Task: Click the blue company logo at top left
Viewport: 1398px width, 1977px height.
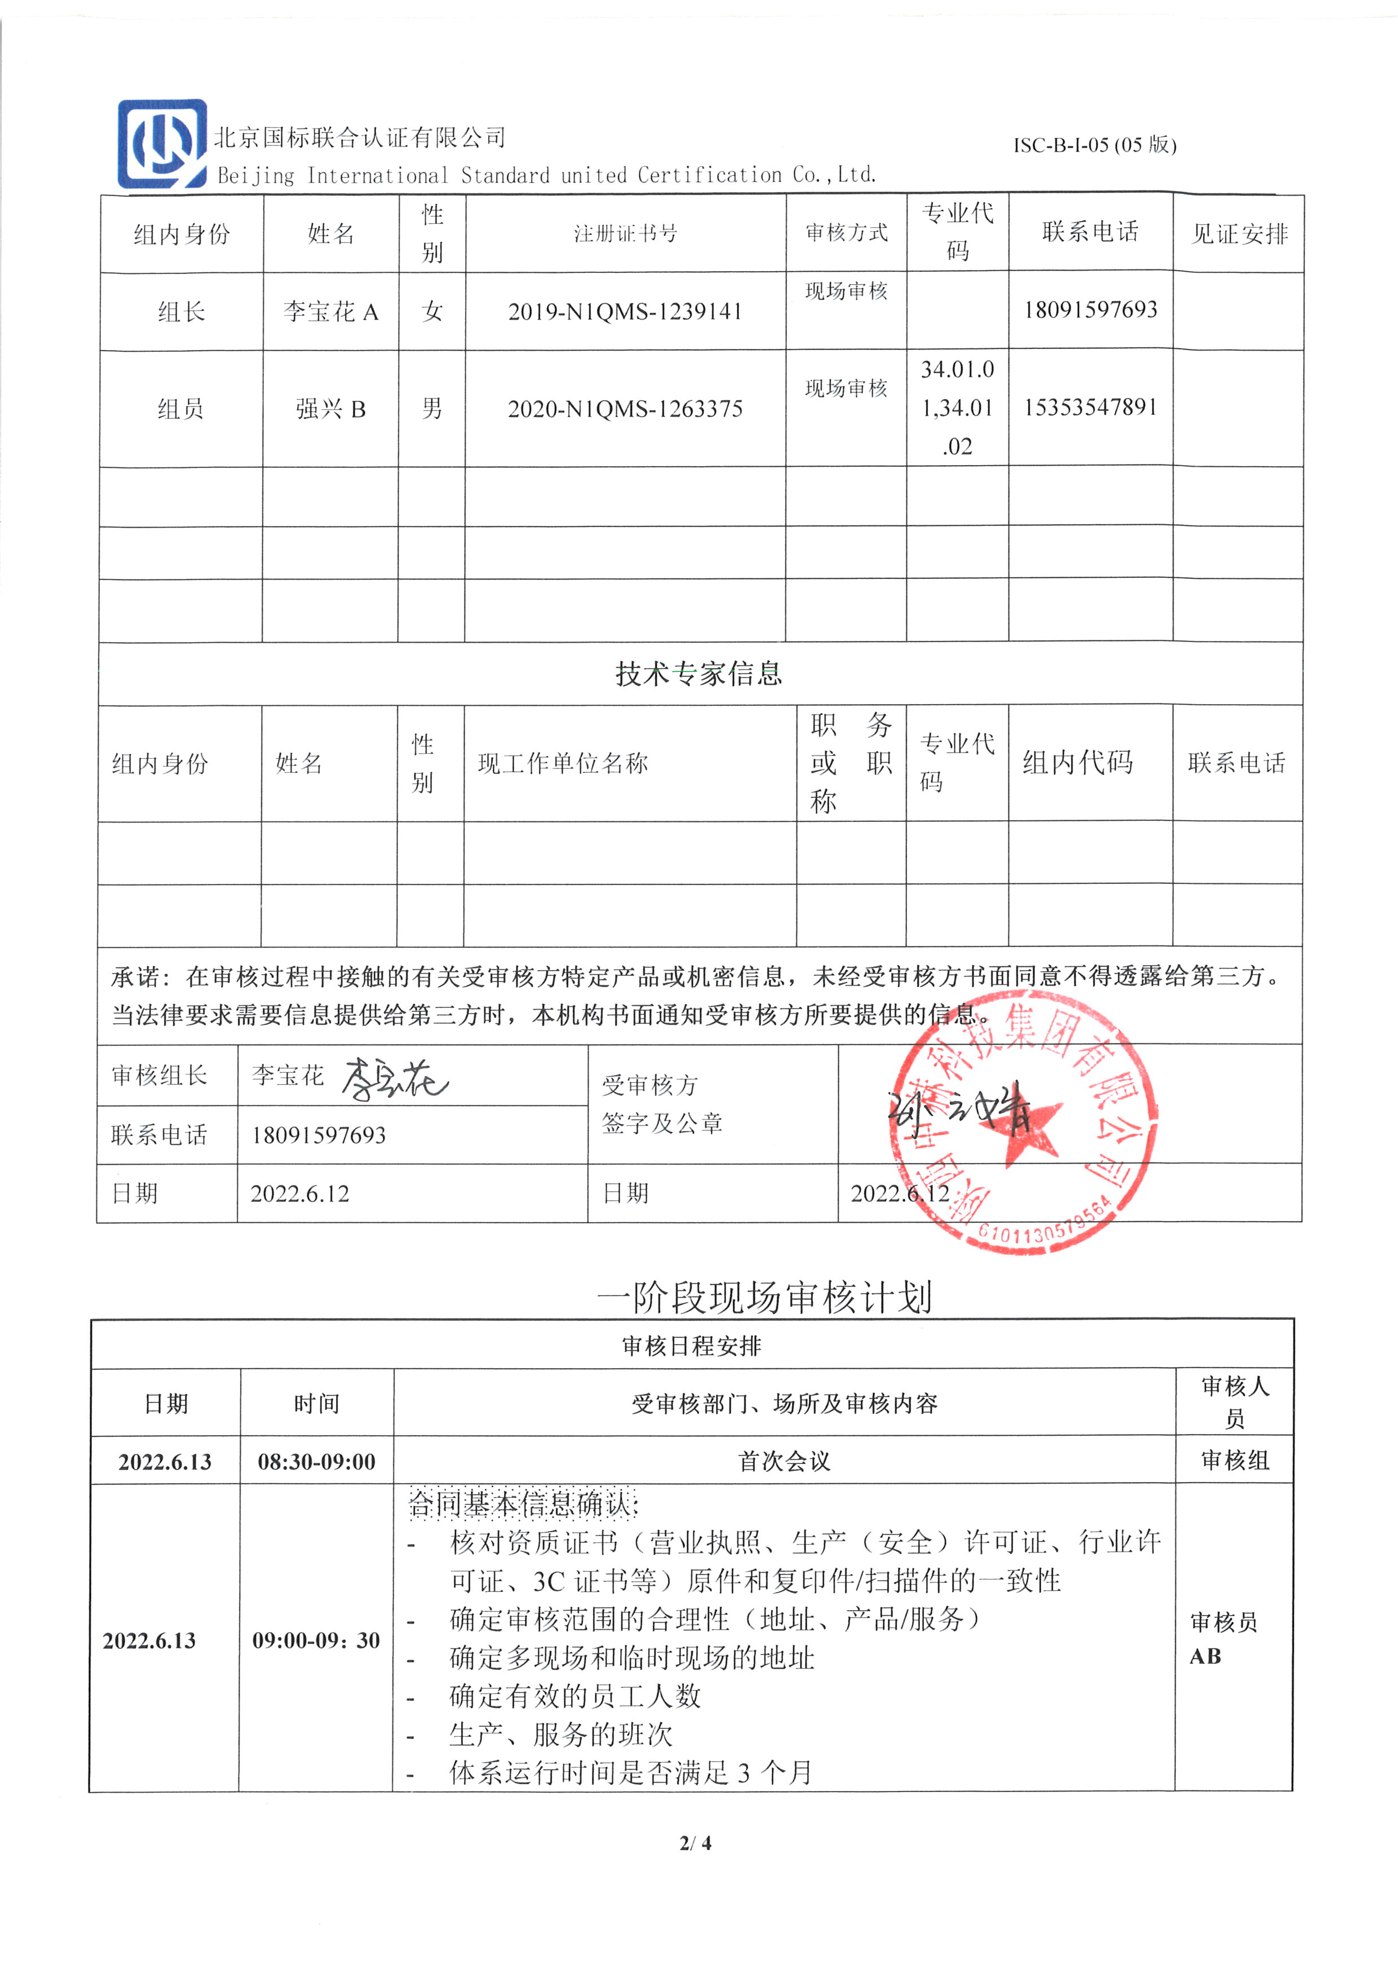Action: pos(162,144)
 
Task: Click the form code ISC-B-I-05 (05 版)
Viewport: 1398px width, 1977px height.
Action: pos(1094,145)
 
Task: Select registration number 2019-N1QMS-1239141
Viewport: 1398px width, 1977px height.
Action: pos(625,312)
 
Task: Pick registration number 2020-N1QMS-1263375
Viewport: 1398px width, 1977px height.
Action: pos(625,409)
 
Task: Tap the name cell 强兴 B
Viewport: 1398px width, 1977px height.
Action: pos(330,409)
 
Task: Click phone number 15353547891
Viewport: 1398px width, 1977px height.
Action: pos(1090,407)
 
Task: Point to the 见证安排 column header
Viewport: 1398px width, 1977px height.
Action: pos(1238,234)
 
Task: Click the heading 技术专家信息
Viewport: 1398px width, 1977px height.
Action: pos(699,673)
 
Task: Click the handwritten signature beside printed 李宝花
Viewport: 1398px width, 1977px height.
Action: pos(394,1078)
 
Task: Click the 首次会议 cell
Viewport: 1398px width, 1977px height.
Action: pos(784,1461)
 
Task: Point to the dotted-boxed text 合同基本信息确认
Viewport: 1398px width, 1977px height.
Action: pos(521,1503)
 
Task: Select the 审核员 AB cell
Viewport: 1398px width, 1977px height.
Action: pos(1223,1639)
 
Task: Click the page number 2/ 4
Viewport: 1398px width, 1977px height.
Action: pos(696,1843)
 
